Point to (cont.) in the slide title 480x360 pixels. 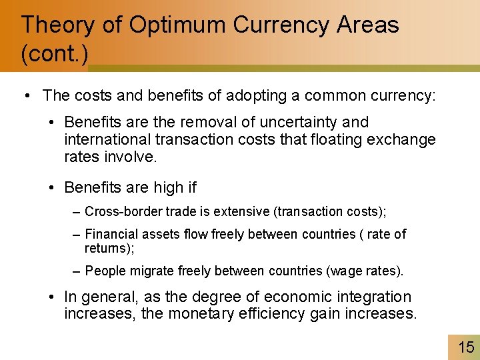tap(54, 53)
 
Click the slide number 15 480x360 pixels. tap(466, 347)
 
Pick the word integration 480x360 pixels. tap(373, 297)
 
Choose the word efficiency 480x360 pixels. tap(281, 313)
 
